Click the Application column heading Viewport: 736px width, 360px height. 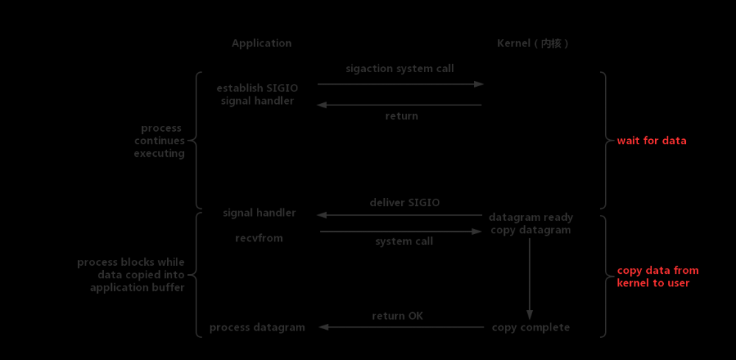coord(261,43)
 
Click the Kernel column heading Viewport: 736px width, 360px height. coord(532,43)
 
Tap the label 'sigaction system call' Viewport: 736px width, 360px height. coord(400,68)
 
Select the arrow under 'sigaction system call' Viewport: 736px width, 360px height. coord(400,84)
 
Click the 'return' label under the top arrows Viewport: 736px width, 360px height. coord(401,116)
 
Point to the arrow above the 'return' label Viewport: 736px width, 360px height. coord(400,105)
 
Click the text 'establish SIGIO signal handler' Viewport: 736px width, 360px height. coord(257,94)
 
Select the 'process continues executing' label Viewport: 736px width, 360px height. coord(159,141)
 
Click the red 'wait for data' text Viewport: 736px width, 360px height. coord(651,141)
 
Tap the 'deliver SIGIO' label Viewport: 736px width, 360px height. coord(404,202)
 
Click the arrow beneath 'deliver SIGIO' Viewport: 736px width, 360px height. coord(400,215)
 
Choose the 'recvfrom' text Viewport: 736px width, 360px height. coord(258,238)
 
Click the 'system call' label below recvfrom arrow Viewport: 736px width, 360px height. coord(403,241)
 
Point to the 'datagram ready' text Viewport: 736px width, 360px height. coord(531,218)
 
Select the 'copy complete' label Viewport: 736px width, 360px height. coord(531,328)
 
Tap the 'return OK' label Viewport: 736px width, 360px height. coord(397,316)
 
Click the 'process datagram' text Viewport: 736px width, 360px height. coord(257,328)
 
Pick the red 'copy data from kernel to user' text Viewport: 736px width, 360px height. coord(657,276)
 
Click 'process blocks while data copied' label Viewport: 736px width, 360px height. coord(131,275)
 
